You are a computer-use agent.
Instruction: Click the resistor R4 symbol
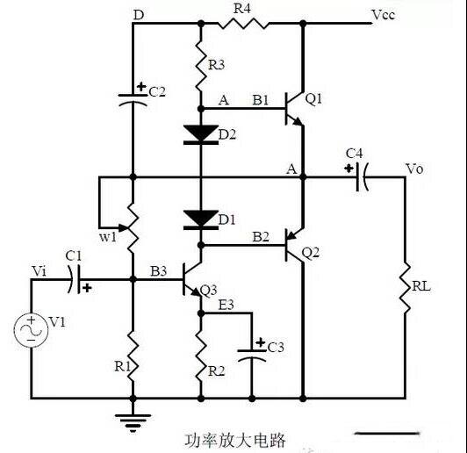coord(243,23)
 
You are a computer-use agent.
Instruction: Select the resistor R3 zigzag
coord(201,65)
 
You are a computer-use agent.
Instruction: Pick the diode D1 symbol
coord(201,219)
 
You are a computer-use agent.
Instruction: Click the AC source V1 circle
coord(31,330)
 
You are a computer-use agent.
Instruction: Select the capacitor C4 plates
coord(362,177)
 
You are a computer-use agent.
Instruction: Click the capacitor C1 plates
coord(75,279)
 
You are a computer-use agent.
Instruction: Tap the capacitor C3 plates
coord(252,356)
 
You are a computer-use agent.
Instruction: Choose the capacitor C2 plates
coord(133,100)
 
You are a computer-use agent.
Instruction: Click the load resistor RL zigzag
coord(405,287)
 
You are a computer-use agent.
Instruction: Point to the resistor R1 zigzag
coord(133,356)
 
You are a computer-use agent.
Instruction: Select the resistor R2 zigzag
coord(201,356)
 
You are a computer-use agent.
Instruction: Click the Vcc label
coord(384,15)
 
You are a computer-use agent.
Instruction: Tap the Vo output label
coord(414,169)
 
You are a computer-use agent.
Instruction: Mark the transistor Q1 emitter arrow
coord(298,121)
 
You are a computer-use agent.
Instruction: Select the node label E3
coord(226,305)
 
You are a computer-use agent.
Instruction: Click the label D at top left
coord(139,15)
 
